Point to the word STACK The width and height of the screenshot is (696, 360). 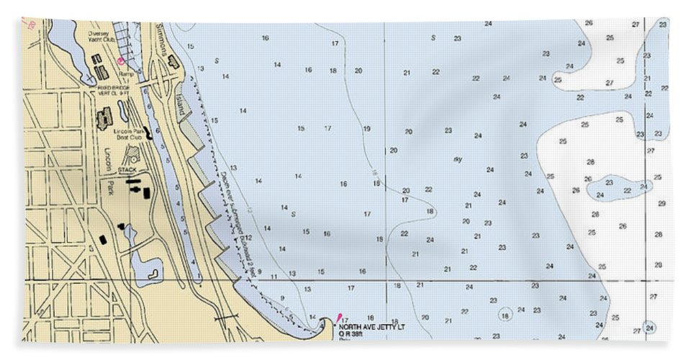[127, 170]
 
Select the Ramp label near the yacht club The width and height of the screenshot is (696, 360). [126, 73]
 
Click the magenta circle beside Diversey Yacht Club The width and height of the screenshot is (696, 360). [121, 61]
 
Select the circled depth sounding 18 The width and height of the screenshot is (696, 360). [505, 315]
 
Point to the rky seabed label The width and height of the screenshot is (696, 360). [458, 159]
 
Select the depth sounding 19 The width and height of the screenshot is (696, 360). [366, 129]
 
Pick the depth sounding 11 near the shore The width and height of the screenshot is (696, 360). [274, 276]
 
